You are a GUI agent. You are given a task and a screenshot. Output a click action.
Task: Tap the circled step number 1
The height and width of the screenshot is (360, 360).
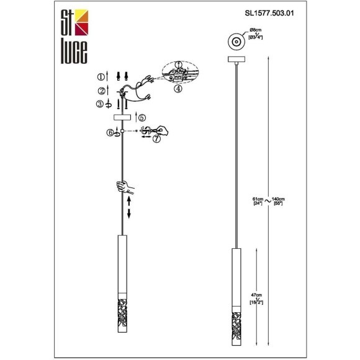coord(101,77)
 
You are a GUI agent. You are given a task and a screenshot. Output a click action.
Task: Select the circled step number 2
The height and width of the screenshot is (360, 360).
coord(101,91)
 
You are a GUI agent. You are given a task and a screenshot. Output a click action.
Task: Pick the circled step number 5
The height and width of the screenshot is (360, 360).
coord(142,116)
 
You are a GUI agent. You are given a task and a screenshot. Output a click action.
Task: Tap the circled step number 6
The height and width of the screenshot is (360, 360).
coord(110,132)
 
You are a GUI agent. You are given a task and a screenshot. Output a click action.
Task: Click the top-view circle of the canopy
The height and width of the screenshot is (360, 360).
coord(236,42)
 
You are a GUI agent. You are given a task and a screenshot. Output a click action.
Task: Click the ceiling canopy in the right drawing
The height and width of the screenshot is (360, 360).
coord(236,60)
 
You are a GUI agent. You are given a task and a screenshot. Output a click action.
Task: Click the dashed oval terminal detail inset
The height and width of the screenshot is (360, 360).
coord(178,74)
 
